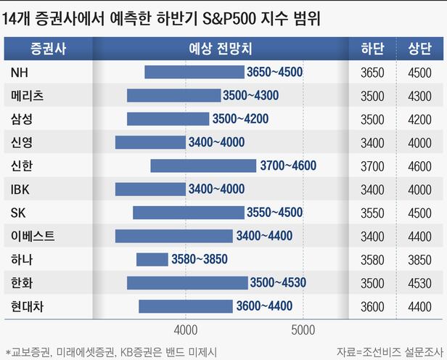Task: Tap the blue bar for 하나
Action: [x=152, y=260]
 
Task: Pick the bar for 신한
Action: [x=203, y=166]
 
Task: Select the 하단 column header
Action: [x=372, y=49]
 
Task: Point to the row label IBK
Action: [x=22, y=189]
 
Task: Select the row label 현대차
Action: [x=28, y=306]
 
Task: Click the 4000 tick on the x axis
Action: [x=186, y=327]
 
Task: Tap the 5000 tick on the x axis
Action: [x=303, y=327]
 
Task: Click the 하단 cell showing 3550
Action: [x=372, y=213]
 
